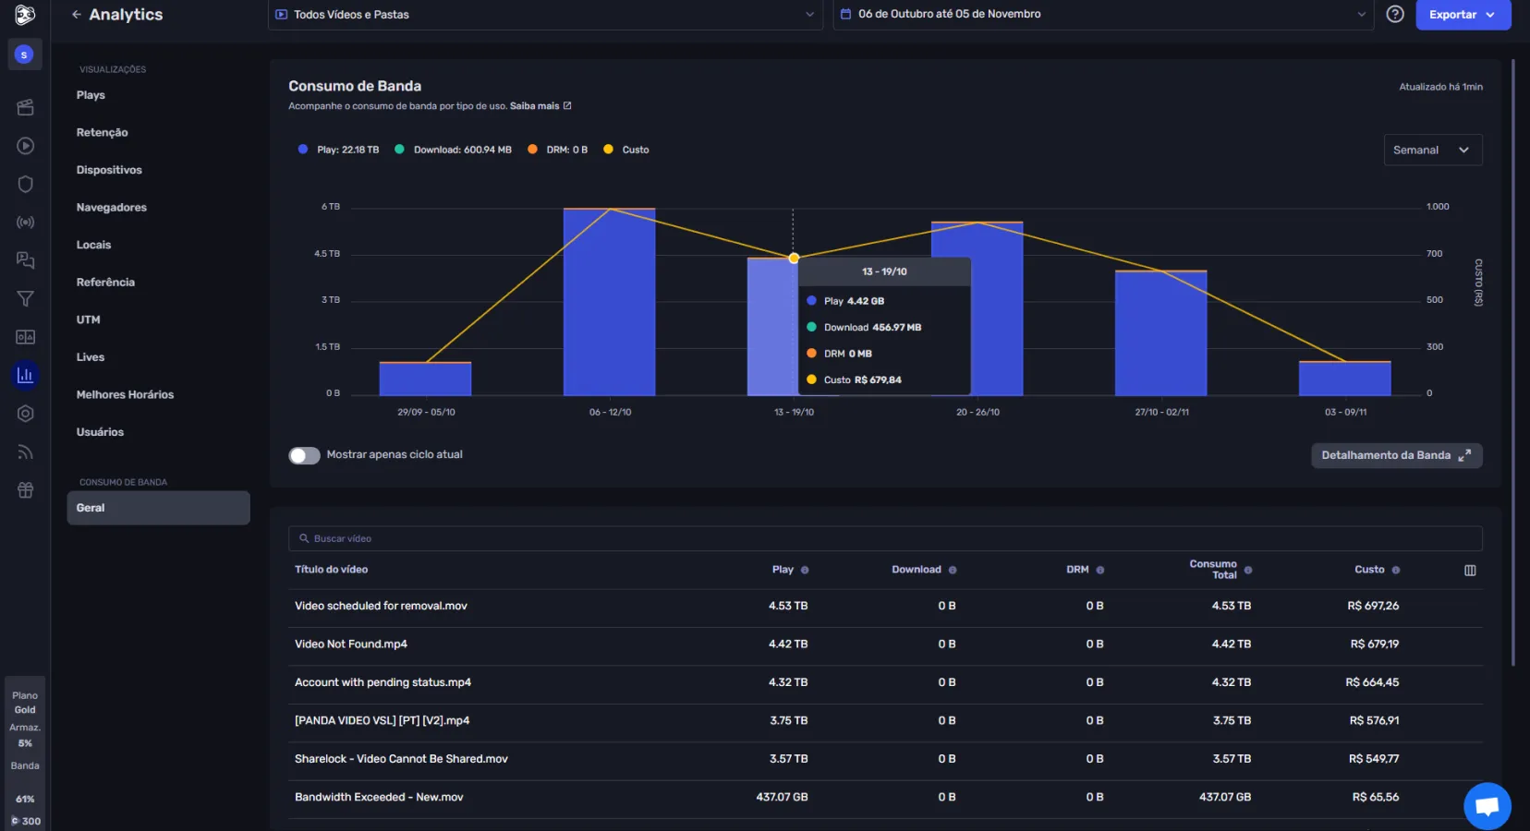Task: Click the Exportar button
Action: click(1462, 15)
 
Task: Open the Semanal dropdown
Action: click(1432, 150)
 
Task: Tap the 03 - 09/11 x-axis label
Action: click(1345, 412)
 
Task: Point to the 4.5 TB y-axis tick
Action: click(327, 254)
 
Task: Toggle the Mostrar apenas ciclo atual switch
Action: click(304, 455)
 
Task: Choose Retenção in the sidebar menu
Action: click(102, 133)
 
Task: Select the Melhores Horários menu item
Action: click(125, 395)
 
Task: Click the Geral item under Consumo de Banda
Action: click(158, 508)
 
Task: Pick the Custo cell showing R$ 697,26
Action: click(1373, 606)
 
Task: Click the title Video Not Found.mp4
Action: click(350, 644)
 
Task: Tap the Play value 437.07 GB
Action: click(782, 797)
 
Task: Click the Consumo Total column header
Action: click(1213, 570)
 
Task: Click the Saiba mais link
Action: click(536, 106)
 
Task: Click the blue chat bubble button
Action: click(1487, 806)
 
